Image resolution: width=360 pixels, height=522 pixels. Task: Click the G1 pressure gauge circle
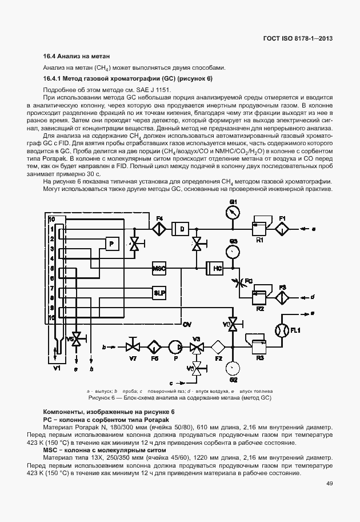(x=232, y=212)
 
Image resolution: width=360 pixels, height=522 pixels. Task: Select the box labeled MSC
(x=159, y=268)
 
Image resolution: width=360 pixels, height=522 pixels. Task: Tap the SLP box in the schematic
(x=159, y=292)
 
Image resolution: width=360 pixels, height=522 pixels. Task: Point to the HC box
(x=217, y=268)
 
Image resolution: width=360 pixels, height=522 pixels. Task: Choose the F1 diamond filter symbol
(x=282, y=228)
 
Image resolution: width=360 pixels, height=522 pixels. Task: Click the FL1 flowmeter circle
(x=282, y=330)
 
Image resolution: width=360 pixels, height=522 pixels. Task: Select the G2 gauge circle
(x=233, y=367)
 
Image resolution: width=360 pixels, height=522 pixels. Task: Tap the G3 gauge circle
(x=233, y=251)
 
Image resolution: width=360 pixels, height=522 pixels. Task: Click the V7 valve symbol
(x=133, y=346)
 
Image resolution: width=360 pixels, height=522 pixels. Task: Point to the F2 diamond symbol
(x=218, y=346)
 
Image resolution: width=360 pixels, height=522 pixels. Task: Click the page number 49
(x=329, y=484)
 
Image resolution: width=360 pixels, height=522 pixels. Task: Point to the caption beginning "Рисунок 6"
(x=179, y=397)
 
